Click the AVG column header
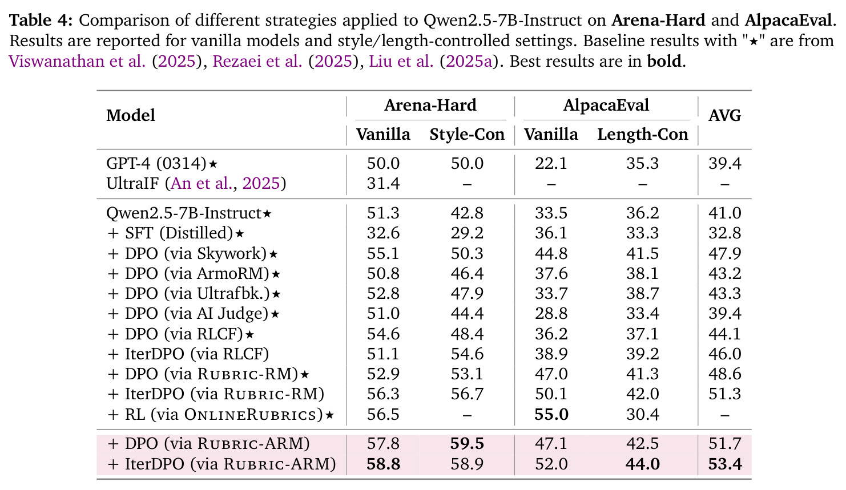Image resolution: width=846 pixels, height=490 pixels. (x=724, y=116)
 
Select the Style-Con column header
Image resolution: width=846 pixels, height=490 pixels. (x=467, y=135)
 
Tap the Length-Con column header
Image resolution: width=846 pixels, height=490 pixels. (x=642, y=135)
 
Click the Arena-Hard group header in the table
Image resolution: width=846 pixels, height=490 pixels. (x=430, y=105)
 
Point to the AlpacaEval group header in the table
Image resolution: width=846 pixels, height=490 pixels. (x=606, y=105)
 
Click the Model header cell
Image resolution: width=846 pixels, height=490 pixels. (x=131, y=116)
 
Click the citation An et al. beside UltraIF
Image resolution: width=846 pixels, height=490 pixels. (x=200, y=184)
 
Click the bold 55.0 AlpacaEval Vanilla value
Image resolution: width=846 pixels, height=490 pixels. (x=551, y=415)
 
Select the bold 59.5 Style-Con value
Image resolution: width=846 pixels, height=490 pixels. (x=467, y=444)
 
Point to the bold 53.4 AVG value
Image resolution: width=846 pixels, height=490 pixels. (x=725, y=464)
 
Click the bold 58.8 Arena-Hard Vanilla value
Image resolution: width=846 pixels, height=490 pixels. (x=383, y=464)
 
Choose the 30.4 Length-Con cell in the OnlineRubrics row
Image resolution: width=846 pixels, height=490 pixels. (x=642, y=415)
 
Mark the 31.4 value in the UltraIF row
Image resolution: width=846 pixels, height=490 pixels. (x=383, y=184)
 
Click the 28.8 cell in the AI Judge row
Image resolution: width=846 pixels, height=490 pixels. (x=551, y=314)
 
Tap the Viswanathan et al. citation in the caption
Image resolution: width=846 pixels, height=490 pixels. (x=77, y=61)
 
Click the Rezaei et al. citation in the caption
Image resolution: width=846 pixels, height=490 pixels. (x=257, y=61)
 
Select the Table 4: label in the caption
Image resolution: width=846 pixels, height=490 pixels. (x=41, y=20)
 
